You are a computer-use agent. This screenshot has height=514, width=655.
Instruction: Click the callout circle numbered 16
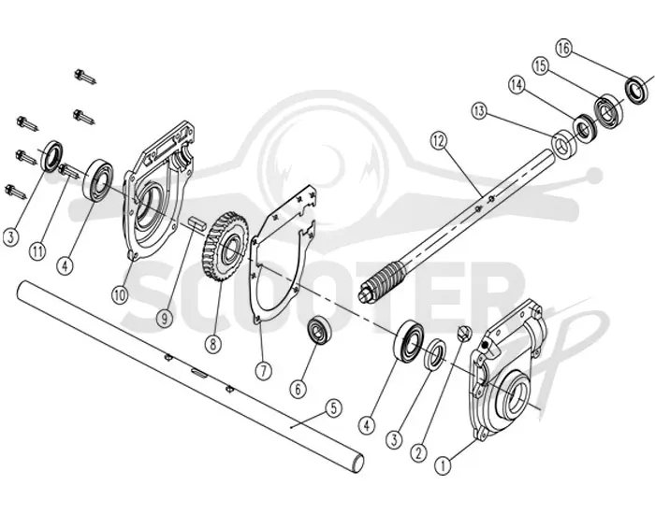pyautogui.click(x=563, y=48)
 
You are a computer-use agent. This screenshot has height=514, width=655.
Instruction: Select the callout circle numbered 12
pyautogui.click(x=439, y=141)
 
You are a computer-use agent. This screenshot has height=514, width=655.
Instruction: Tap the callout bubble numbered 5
pyautogui.click(x=333, y=408)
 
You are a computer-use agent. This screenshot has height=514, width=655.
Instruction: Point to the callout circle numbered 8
pyautogui.click(x=213, y=344)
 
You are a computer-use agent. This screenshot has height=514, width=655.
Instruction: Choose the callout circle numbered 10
pyautogui.click(x=120, y=295)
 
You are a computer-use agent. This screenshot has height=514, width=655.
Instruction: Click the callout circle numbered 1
pyautogui.click(x=444, y=464)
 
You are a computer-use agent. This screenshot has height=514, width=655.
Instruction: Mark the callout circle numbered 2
pyautogui.click(x=418, y=451)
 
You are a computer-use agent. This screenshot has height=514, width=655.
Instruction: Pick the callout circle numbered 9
pyautogui.click(x=165, y=319)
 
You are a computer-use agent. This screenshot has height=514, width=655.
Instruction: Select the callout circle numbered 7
pyautogui.click(x=263, y=370)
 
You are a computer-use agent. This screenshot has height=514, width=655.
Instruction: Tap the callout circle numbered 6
pyautogui.click(x=298, y=390)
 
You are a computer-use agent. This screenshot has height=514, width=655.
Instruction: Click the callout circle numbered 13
pyautogui.click(x=479, y=111)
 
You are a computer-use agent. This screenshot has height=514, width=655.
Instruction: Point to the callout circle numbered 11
pyautogui.click(x=38, y=251)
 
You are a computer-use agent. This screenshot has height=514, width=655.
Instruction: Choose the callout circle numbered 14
pyautogui.click(x=517, y=86)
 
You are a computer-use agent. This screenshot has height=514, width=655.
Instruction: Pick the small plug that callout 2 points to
pyautogui.click(x=464, y=333)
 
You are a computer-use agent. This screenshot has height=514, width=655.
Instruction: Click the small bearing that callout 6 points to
pyautogui.click(x=320, y=330)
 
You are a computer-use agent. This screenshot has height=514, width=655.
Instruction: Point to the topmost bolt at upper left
pyautogui.click(x=86, y=78)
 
